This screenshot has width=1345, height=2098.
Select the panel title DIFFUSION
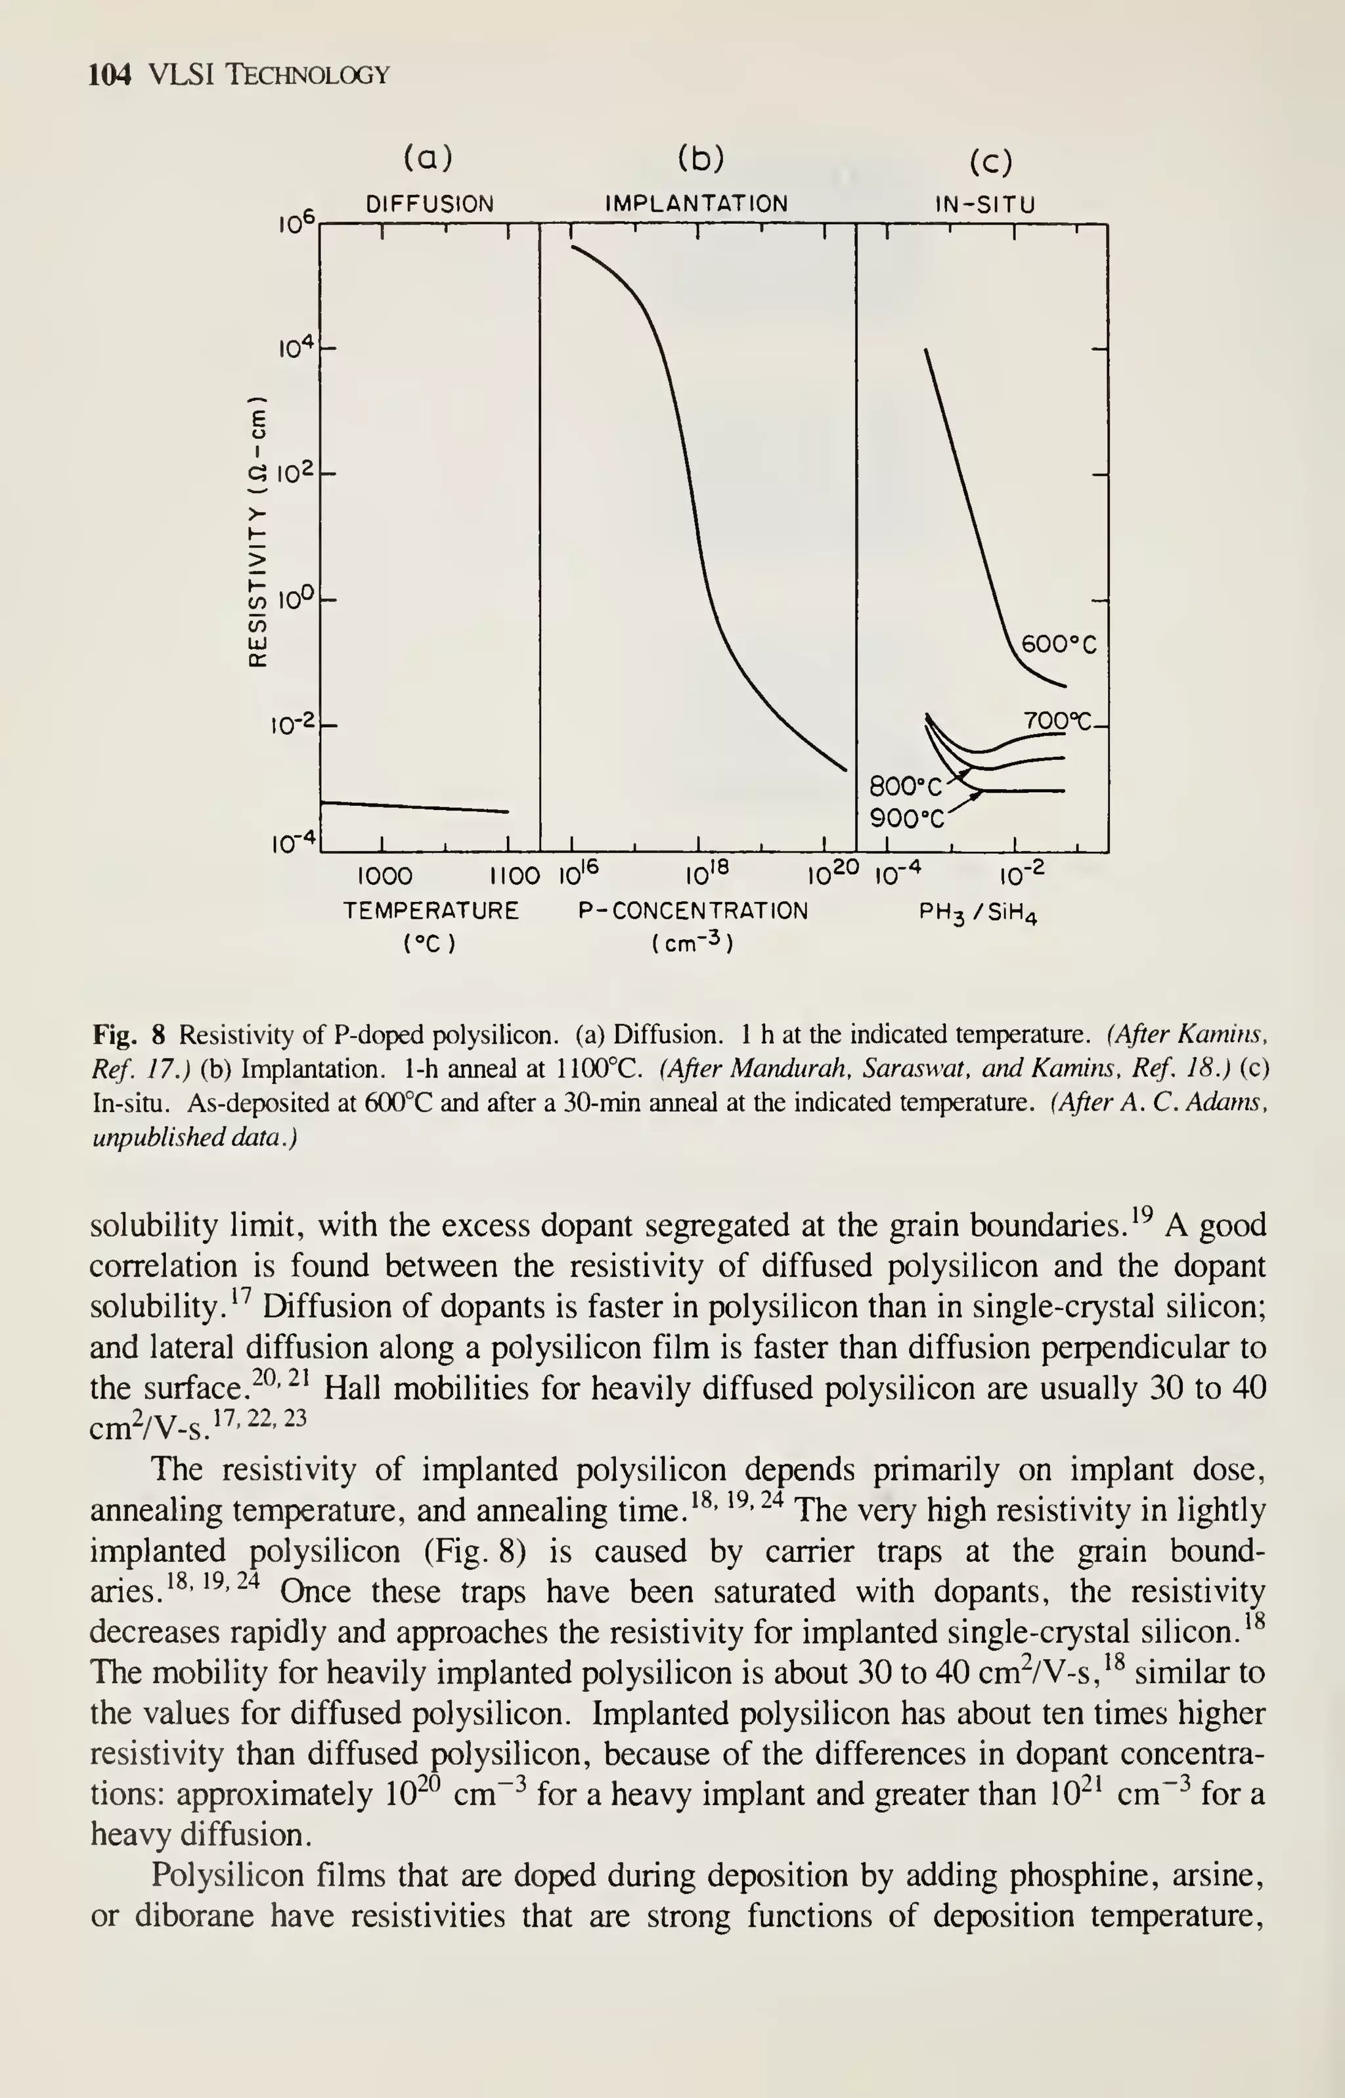[x=430, y=204]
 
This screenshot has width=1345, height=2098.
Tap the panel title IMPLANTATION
[x=696, y=204]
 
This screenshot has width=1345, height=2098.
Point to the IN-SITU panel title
[x=985, y=205]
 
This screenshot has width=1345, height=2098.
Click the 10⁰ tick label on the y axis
[x=295, y=600]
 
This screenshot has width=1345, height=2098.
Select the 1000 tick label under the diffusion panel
[x=385, y=876]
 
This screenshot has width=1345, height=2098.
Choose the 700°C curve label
[x=1059, y=721]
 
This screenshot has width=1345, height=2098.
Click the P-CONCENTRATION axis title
[x=693, y=911]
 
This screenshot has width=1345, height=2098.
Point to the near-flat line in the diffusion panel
[x=415, y=806]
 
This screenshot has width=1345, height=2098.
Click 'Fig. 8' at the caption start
[x=128, y=1036]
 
